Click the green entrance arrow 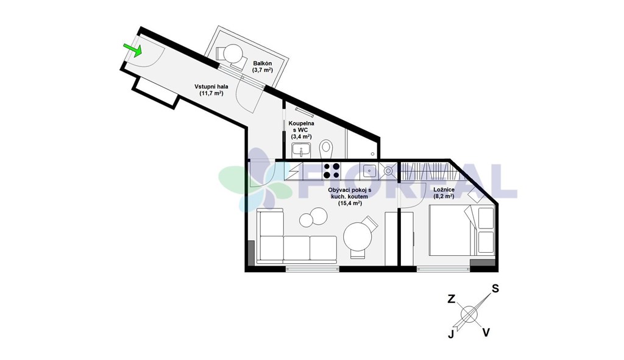pos(133,50)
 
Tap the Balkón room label pos(262,63)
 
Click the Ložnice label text pos(444,189)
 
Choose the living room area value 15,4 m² pos(350,203)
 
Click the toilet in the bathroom pos(327,149)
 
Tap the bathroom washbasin pos(301,150)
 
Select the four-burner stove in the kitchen pos(331,171)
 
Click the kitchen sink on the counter pos(369,171)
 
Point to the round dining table pos(358,235)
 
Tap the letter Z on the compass pos(452,299)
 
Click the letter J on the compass pos(451,334)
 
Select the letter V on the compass pos(486,332)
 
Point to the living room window pos(313,269)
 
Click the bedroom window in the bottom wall pos(444,269)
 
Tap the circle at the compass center pos(469,314)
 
